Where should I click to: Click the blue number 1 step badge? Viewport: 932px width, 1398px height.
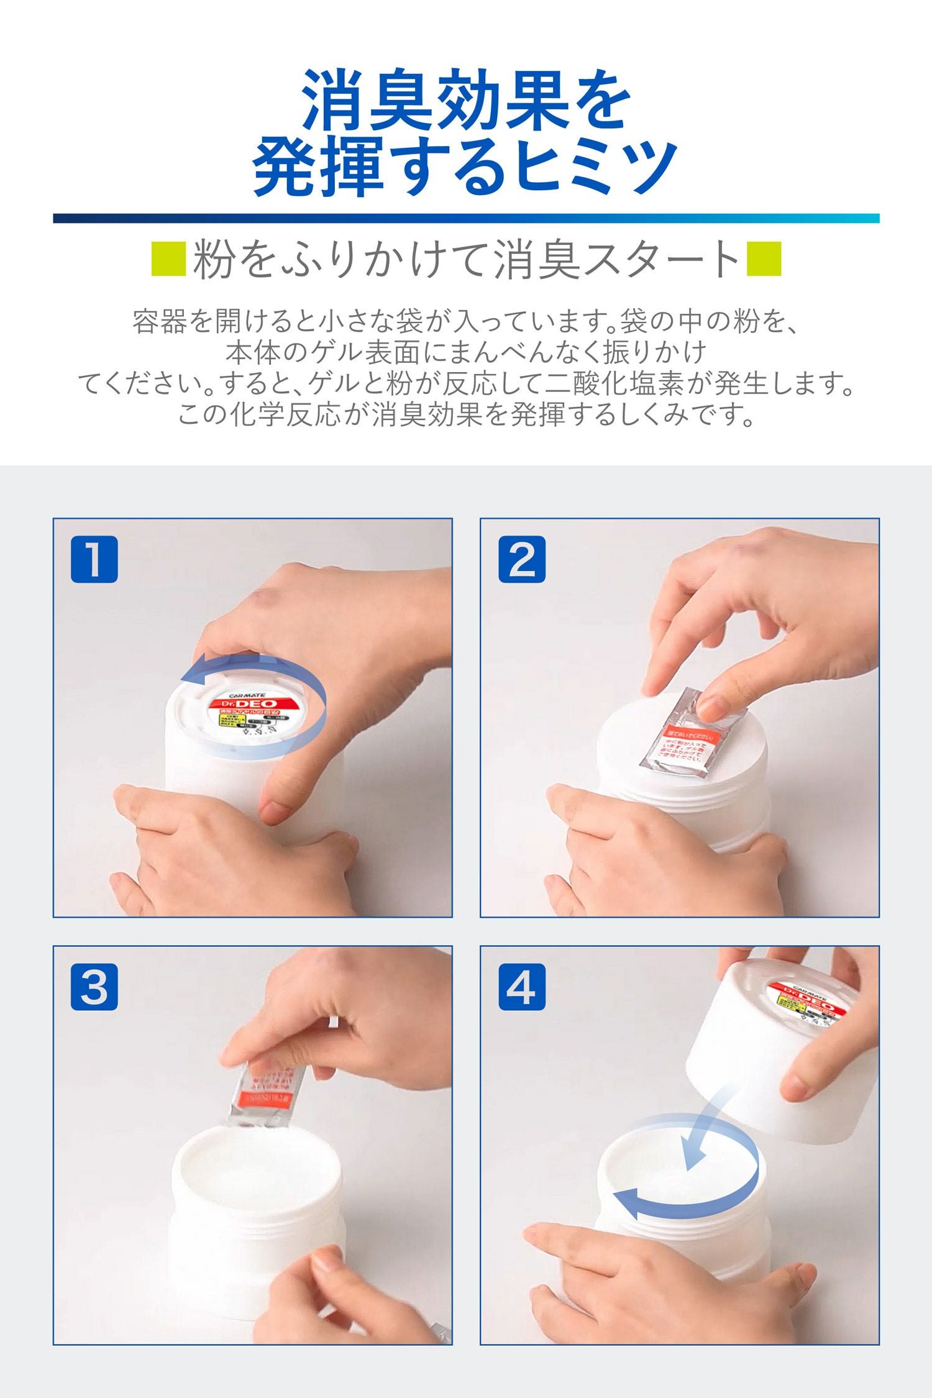[x=94, y=559]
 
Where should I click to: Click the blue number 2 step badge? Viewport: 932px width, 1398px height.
[x=522, y=559]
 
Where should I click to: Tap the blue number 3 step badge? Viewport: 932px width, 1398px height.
[x=94, y=987]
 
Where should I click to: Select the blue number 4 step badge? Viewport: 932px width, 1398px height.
[x=522, y=987]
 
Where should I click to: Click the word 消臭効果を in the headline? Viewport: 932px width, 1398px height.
[x=466, y=99]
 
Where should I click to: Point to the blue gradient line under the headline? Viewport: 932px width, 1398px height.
[x=466, y=218]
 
